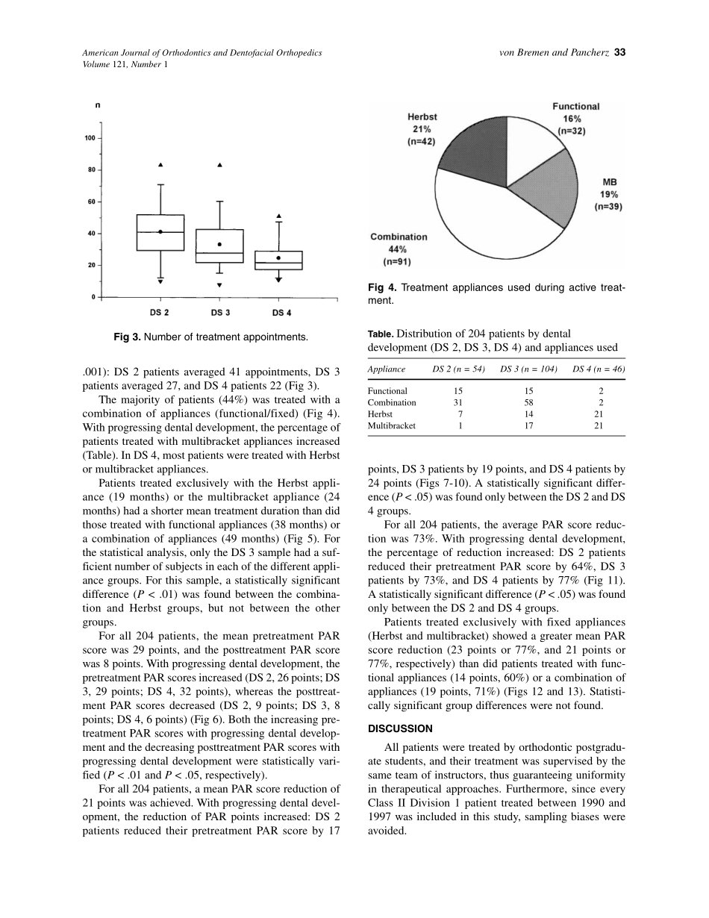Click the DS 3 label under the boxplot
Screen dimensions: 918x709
point(219,312)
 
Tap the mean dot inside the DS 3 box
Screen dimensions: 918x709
point(219,244)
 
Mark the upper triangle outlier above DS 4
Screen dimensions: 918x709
point(279,216)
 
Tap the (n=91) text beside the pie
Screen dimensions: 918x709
point(397,262)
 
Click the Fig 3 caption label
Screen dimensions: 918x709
point(128,337)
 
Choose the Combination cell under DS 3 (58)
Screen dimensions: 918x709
point(529,403)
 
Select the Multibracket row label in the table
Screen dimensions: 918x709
point(392,426)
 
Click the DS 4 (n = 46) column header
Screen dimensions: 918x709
point(599,369)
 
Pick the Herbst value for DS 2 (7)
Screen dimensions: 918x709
point(460,414)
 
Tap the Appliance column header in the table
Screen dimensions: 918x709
point(387,369)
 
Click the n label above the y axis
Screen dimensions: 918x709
point(98,106)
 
